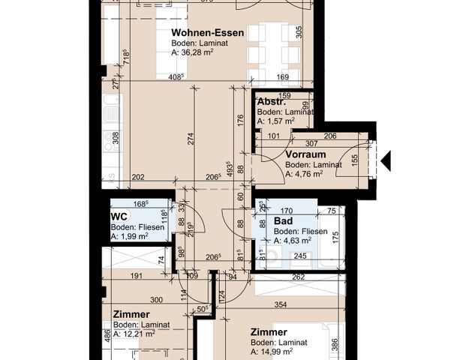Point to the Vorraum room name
pos(305,154)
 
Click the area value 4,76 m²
pos(308,173)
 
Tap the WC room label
pos(118,217)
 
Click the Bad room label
pos(282,223)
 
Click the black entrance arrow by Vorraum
pos(386,160)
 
